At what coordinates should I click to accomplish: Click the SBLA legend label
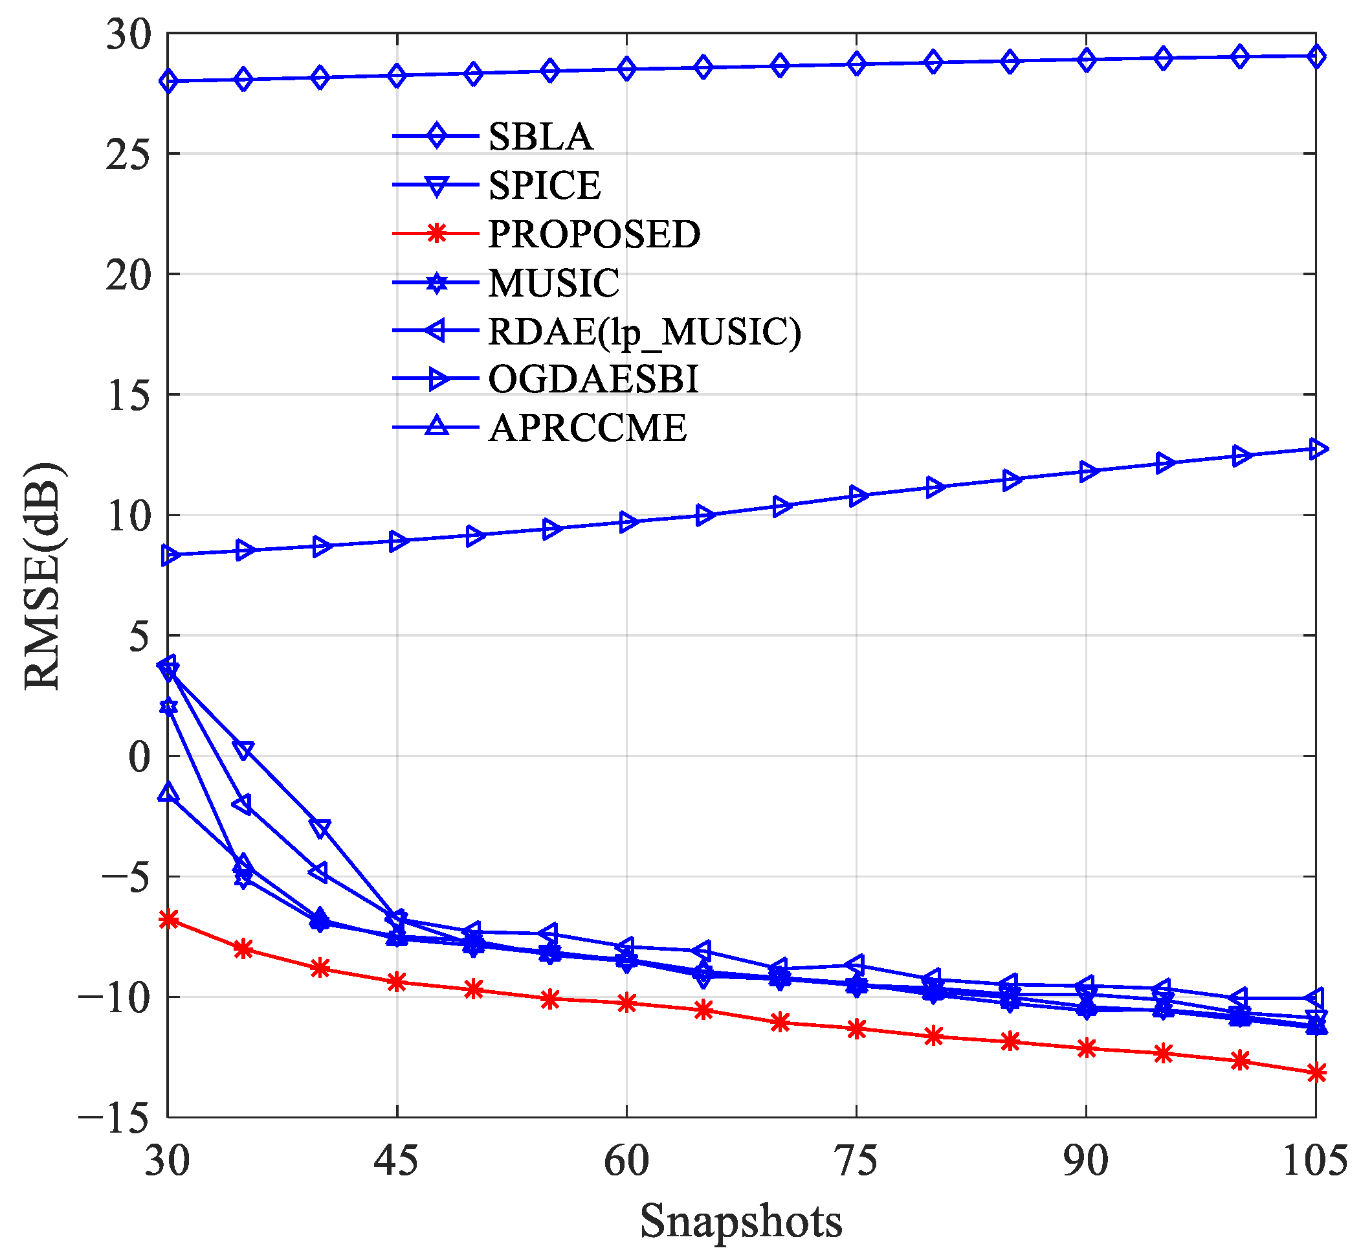(x=540, y=137)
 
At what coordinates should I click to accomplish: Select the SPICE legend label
(x=544, y=185)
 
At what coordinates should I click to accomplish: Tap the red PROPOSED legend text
(x=594, y=234)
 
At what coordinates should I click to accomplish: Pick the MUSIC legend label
(x=554, y=283)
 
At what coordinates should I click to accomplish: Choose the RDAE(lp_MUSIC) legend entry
(x=645, y=332)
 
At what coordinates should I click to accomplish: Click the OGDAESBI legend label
(x=593, y=379)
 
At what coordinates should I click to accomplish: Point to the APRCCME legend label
(x=588, y=429)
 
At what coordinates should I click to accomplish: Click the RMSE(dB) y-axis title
(x=42, y=576)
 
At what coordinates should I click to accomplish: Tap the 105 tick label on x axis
(x=1315, y=1161)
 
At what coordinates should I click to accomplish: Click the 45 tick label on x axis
(x=396, y=1161)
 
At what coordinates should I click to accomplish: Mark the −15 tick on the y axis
(x=114, y=1118)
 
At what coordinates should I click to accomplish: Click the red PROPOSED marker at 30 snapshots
(x=168, y=920)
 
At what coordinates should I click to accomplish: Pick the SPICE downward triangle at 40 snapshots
(x=320, y=828)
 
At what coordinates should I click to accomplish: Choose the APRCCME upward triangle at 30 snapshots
(x=168, y=793)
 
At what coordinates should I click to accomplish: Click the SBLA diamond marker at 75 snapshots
(x=857, y=65)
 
